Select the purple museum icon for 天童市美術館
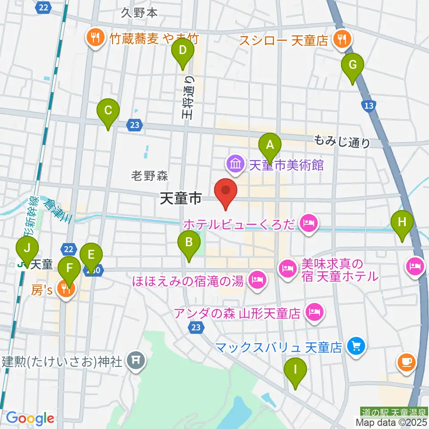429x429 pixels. coord(235,164)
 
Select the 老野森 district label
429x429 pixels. coord(150,176)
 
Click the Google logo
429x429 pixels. coord(30,418)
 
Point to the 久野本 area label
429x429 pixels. coord(139,13)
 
